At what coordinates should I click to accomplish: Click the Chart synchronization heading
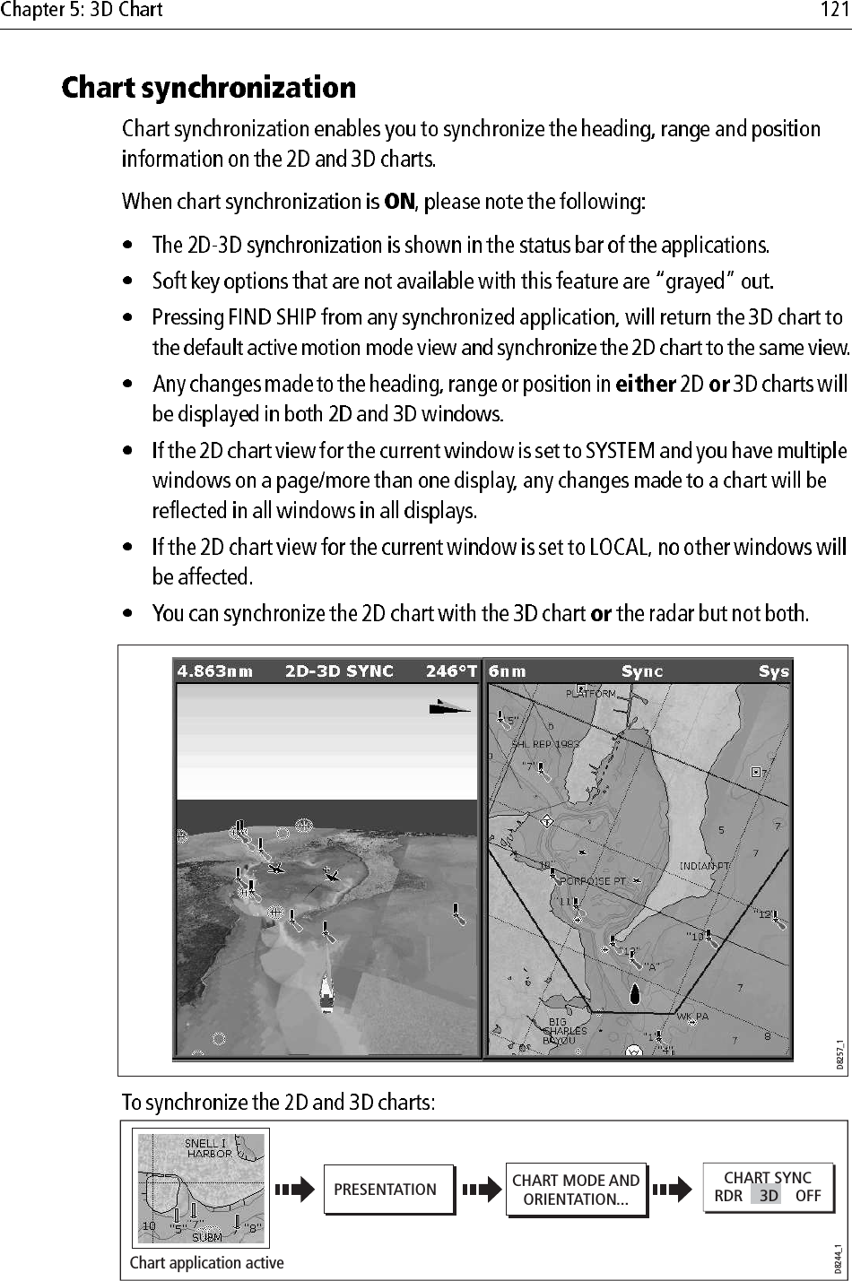[x=208, y=88]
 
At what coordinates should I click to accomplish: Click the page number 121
[x=834, y=11]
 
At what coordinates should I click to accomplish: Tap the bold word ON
[x=399, y=201]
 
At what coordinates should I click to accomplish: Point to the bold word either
[x=646, y=385]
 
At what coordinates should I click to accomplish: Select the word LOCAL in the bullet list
[x=618, y=547]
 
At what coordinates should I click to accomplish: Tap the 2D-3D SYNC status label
[x=339, y=671]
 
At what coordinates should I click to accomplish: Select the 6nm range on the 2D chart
[x=507, y=671]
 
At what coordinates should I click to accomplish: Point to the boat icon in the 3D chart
[x=327, y=992]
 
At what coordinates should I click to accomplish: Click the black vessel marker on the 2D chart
[x=635, y=993]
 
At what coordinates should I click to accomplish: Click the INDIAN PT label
[x=705, y=866]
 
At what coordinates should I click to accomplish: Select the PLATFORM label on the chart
[x=590, y=693]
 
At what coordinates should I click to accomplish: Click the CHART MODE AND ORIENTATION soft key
[x=576, y=1190]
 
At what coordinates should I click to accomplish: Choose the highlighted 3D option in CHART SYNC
[x=768, y=1196]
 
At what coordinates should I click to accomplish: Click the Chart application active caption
[x=206, y=1262]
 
